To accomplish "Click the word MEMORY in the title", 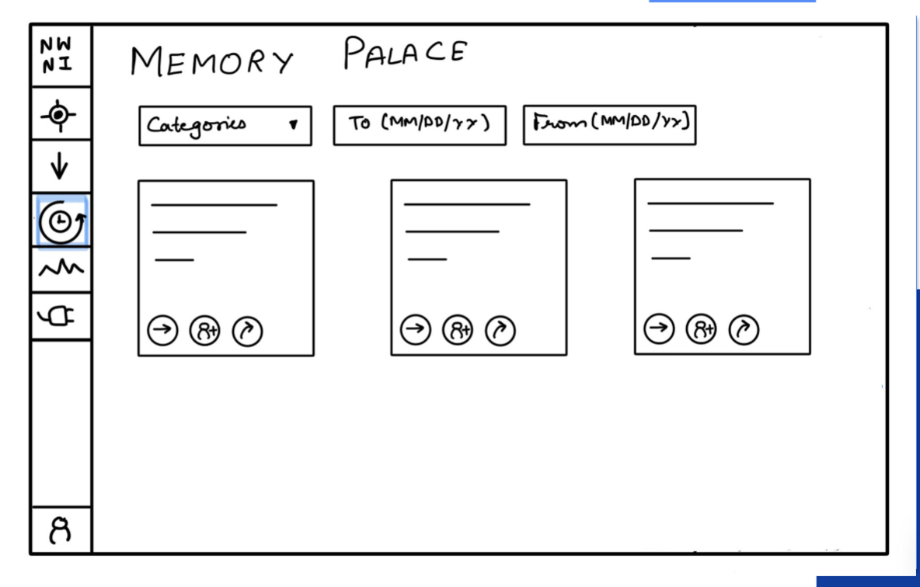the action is [212, 61].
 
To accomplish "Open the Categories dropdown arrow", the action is [293, 124].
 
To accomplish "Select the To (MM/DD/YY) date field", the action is [420, 124].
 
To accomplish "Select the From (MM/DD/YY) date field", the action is [609, 124].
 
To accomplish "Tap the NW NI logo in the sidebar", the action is [61, 55].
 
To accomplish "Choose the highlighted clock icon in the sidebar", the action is [61, 222].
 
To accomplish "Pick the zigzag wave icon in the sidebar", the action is [61, 269].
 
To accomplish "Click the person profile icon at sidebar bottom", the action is [61, 530].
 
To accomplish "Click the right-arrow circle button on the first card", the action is [162, 331].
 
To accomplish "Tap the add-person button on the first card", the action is [205, 332].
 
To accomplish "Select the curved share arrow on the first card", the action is [247, 332].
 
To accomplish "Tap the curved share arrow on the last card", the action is [744, 330].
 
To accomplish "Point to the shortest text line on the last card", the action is [671, 258].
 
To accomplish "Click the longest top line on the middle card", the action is [467, 204].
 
